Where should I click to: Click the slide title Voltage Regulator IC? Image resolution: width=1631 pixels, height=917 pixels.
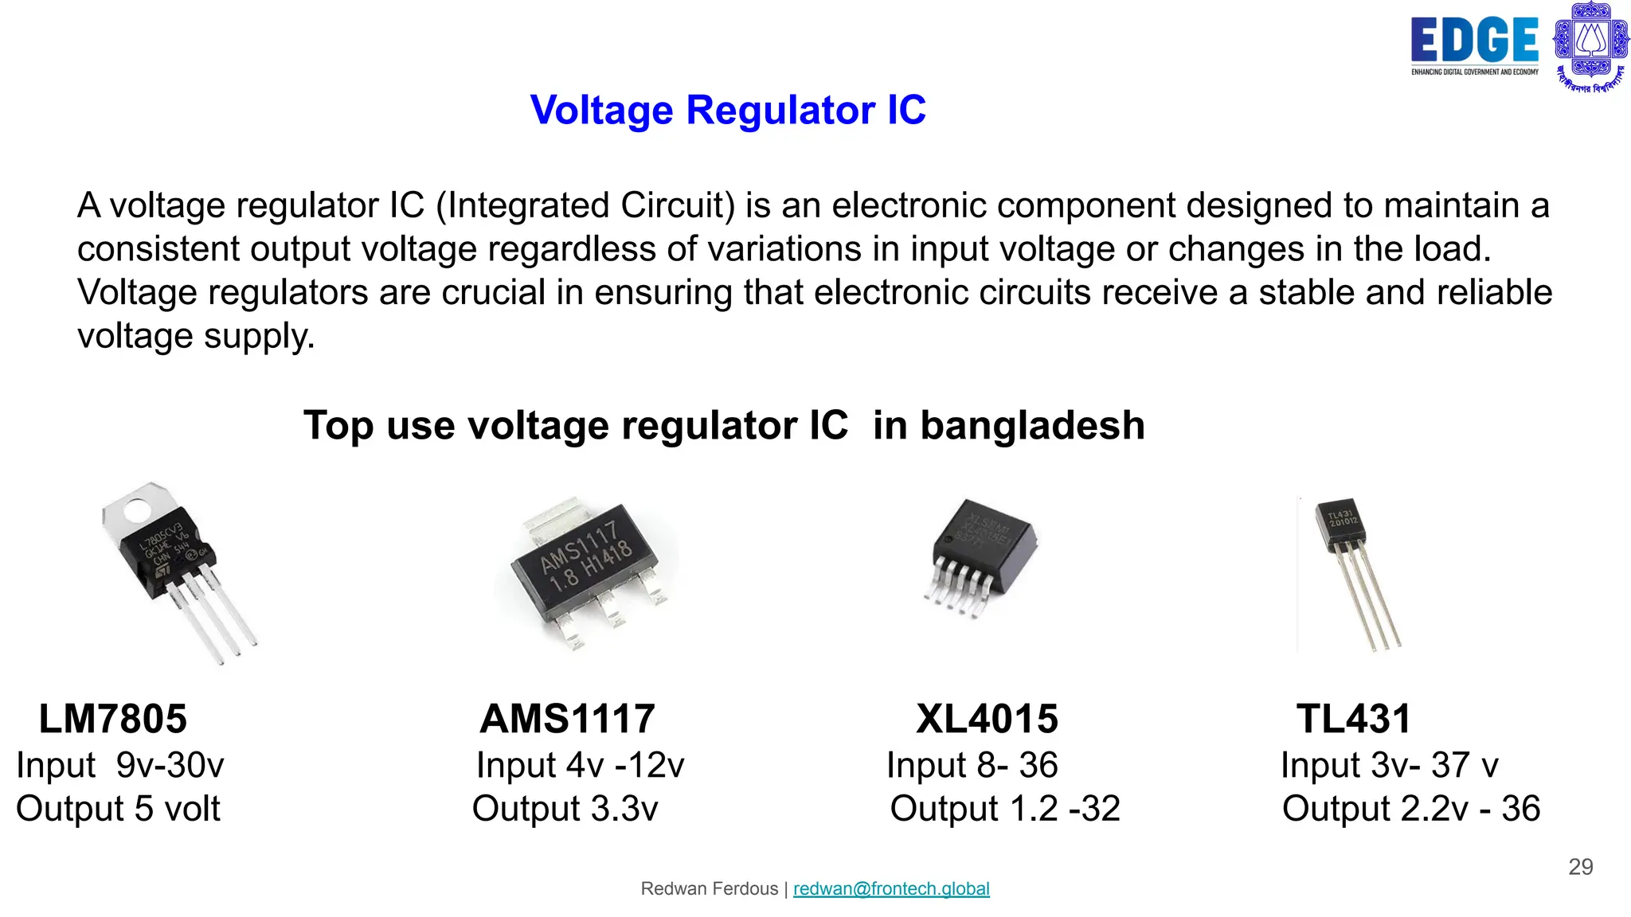(x=728, y=110)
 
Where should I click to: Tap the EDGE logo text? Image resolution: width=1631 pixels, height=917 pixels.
(x=1474, y=41)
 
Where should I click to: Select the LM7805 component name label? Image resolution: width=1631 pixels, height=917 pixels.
(x=113, y=719)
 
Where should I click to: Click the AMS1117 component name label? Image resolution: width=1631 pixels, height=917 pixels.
(x=568, y=719)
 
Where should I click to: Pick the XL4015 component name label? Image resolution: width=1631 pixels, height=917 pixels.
(x=987, y=719)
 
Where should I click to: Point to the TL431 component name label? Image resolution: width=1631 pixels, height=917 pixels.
(x=1353, y=719)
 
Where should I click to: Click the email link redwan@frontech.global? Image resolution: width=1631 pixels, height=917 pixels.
(x=891, y=888)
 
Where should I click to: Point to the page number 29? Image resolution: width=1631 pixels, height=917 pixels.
(x=1580, y=867)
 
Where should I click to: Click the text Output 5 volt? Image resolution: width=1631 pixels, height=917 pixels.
(x=118, y=809)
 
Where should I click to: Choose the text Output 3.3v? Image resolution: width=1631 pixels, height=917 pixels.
(x=565, y=809)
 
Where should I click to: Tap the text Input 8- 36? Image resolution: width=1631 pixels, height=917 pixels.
(x=972, y=765)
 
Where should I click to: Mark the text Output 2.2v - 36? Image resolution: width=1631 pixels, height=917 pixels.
(x=1411, y=809)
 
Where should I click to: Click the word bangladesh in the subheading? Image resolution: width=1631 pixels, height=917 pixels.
(x=1009, y=425)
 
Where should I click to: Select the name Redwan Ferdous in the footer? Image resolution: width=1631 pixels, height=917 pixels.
(x=710, y=888)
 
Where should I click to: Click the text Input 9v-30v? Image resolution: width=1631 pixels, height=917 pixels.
(x=120, y=765)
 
